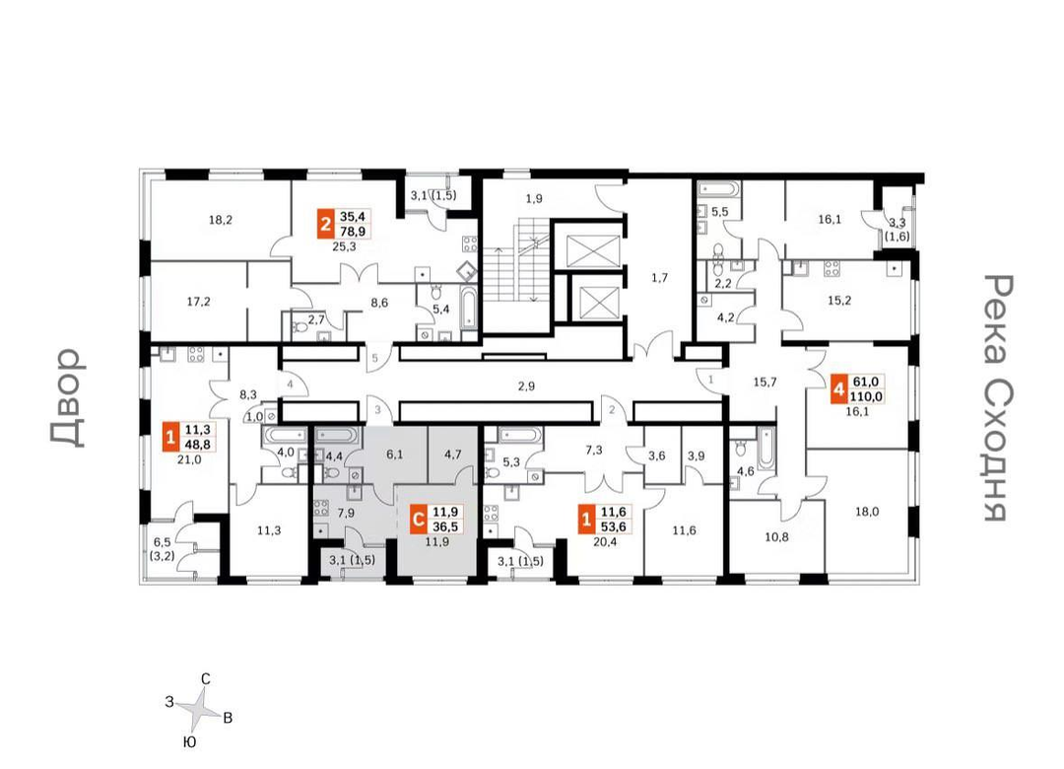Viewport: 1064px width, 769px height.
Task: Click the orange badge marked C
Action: pyautogui.click(x=420, y=520)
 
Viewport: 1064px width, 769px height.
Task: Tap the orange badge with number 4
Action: pyautogui.click(x=839, y=390)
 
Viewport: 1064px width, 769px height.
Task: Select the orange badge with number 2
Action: pyautogui.click(x=326, y=224)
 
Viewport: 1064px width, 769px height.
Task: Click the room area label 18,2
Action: pyautogui.click(x=221, y=220)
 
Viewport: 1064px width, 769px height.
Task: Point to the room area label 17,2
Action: pyautogui.click(x=198, y=302)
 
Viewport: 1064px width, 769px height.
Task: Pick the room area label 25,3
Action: pyautogui.click(x=344, y=246)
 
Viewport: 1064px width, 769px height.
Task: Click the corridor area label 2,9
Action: pyautogui.click(x=526, y=386)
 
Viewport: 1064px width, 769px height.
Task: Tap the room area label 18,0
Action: pyautogui.click(x=867, y=513)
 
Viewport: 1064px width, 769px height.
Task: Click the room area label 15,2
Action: pyautogui.click(x=839, y=301)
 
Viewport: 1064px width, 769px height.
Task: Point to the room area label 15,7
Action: pyautogui.click(x=765, y=383)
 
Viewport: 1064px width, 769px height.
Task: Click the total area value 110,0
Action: pyautogui.click(x=867, y=396)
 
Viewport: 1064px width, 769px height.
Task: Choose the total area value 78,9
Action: pyautogui.click(x=353, y=231)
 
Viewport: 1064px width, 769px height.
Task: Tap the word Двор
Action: pyautogui.click(x=68, y=398)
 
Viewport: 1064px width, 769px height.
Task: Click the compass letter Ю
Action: pyautogui.click(x=190, y=741)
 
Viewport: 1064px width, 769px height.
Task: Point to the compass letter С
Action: pyautogui.click(x=206, y=678)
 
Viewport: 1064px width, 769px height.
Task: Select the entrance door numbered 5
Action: pyautogui.click(x=374, y=358)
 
